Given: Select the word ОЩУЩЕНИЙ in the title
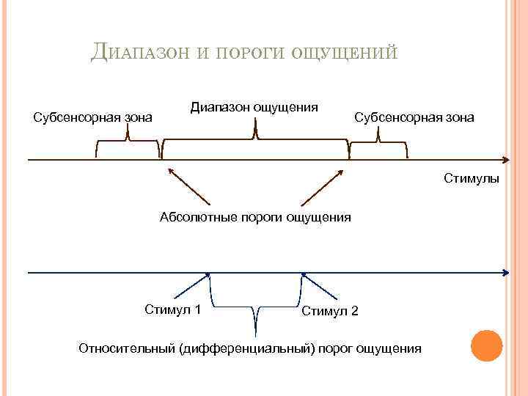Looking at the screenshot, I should [x=345, y=53].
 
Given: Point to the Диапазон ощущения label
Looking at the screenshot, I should [x=254, y=107].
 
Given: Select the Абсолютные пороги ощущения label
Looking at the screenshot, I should [x=255, y=217].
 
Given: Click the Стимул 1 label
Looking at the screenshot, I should [x=173, y=309].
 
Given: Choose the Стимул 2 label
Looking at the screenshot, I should [x=330, y=312].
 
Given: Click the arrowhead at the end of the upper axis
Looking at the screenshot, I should [x=506, y=159].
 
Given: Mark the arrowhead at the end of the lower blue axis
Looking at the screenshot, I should [x=506, y=273].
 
